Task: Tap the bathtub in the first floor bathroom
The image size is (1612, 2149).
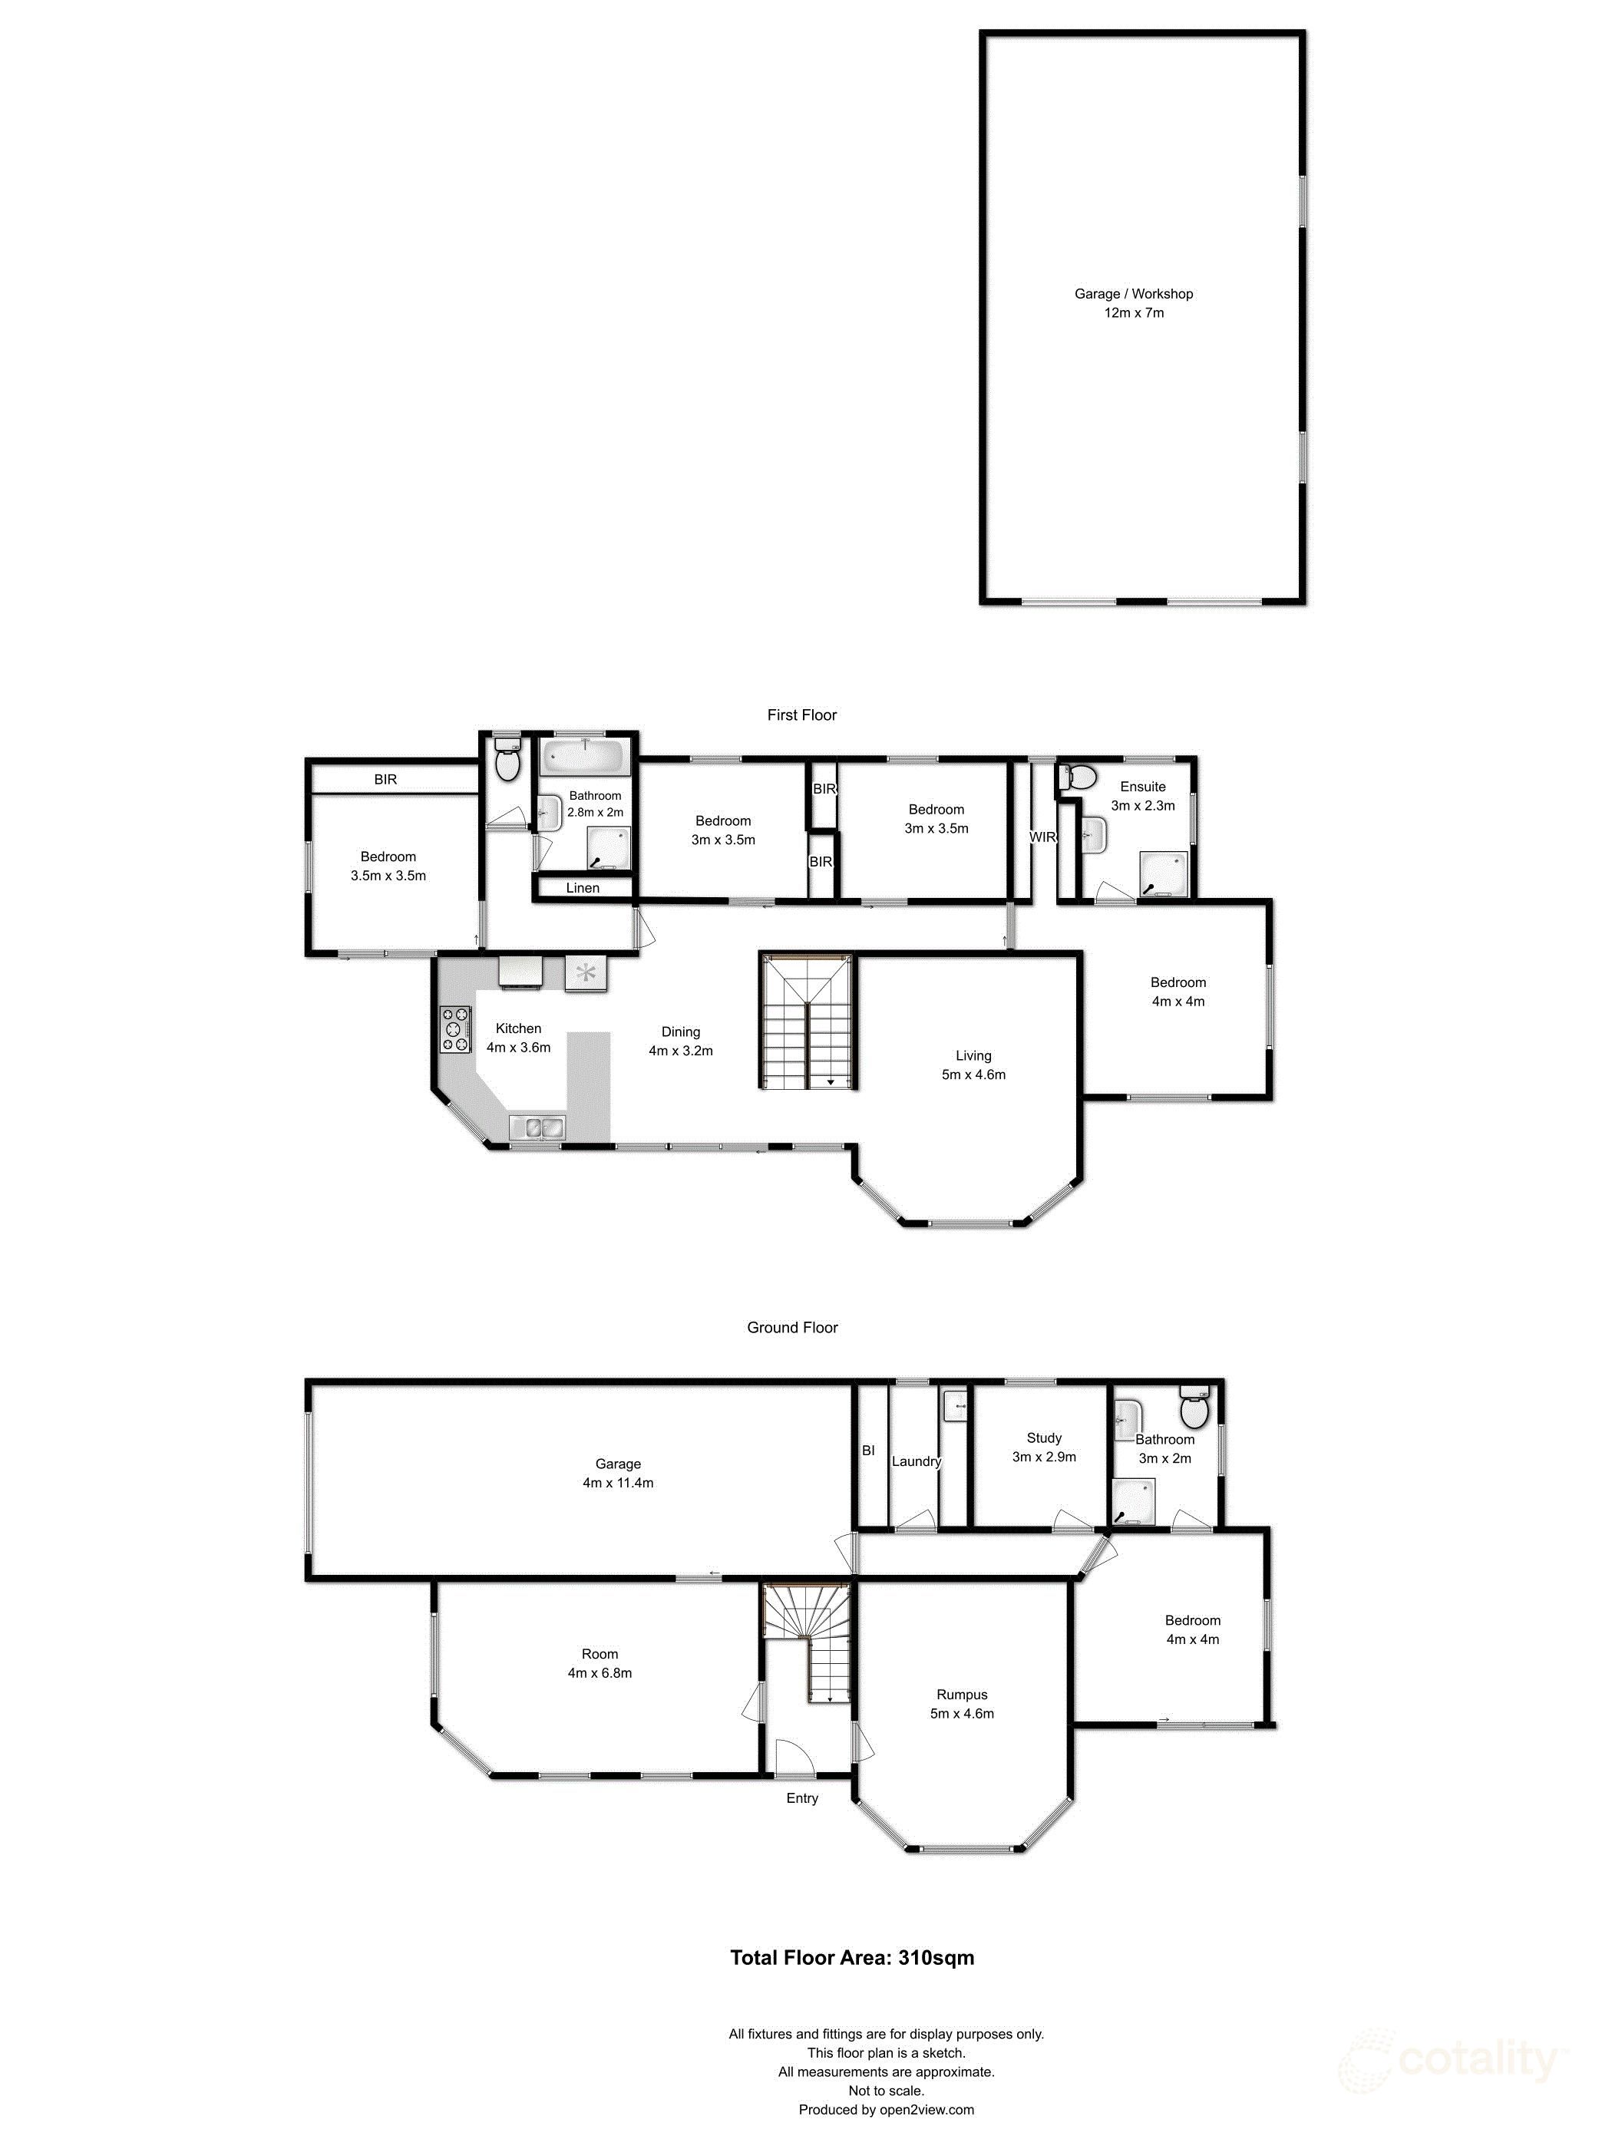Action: tap(584, 754)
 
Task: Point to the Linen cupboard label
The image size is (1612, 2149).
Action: tap(582, 888)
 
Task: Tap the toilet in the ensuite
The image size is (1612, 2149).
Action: tap(1079, 777)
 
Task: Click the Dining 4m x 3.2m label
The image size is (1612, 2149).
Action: tap(680, 1041)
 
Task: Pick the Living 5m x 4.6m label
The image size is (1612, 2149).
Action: tap(973, 1065)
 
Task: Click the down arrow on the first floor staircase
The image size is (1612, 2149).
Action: tap(831, 1081)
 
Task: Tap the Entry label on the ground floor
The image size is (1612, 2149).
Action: tap(801, 1798)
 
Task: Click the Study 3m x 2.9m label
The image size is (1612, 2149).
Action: tap(1043, 1447)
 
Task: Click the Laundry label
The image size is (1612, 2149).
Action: tap(915, 1461)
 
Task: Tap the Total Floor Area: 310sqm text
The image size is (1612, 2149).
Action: tap(851, 1958)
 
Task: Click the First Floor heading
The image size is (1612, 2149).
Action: tap(801, 715)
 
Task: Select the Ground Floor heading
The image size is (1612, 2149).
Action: tap(792, 1327)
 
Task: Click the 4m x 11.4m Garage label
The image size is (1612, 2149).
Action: tap(618, 1473)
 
